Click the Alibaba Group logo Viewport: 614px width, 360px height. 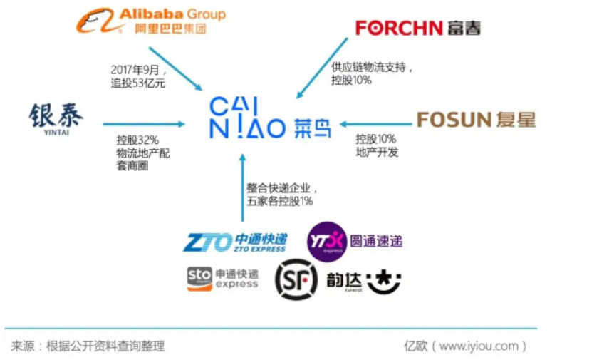[151, 21]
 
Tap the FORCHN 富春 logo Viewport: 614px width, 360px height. [418, 27]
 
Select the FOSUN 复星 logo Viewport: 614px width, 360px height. [476, 119]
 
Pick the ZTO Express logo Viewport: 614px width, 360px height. [235, 242]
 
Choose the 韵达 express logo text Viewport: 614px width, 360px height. [345, 282]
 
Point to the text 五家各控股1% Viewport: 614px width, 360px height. [280, 201]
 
